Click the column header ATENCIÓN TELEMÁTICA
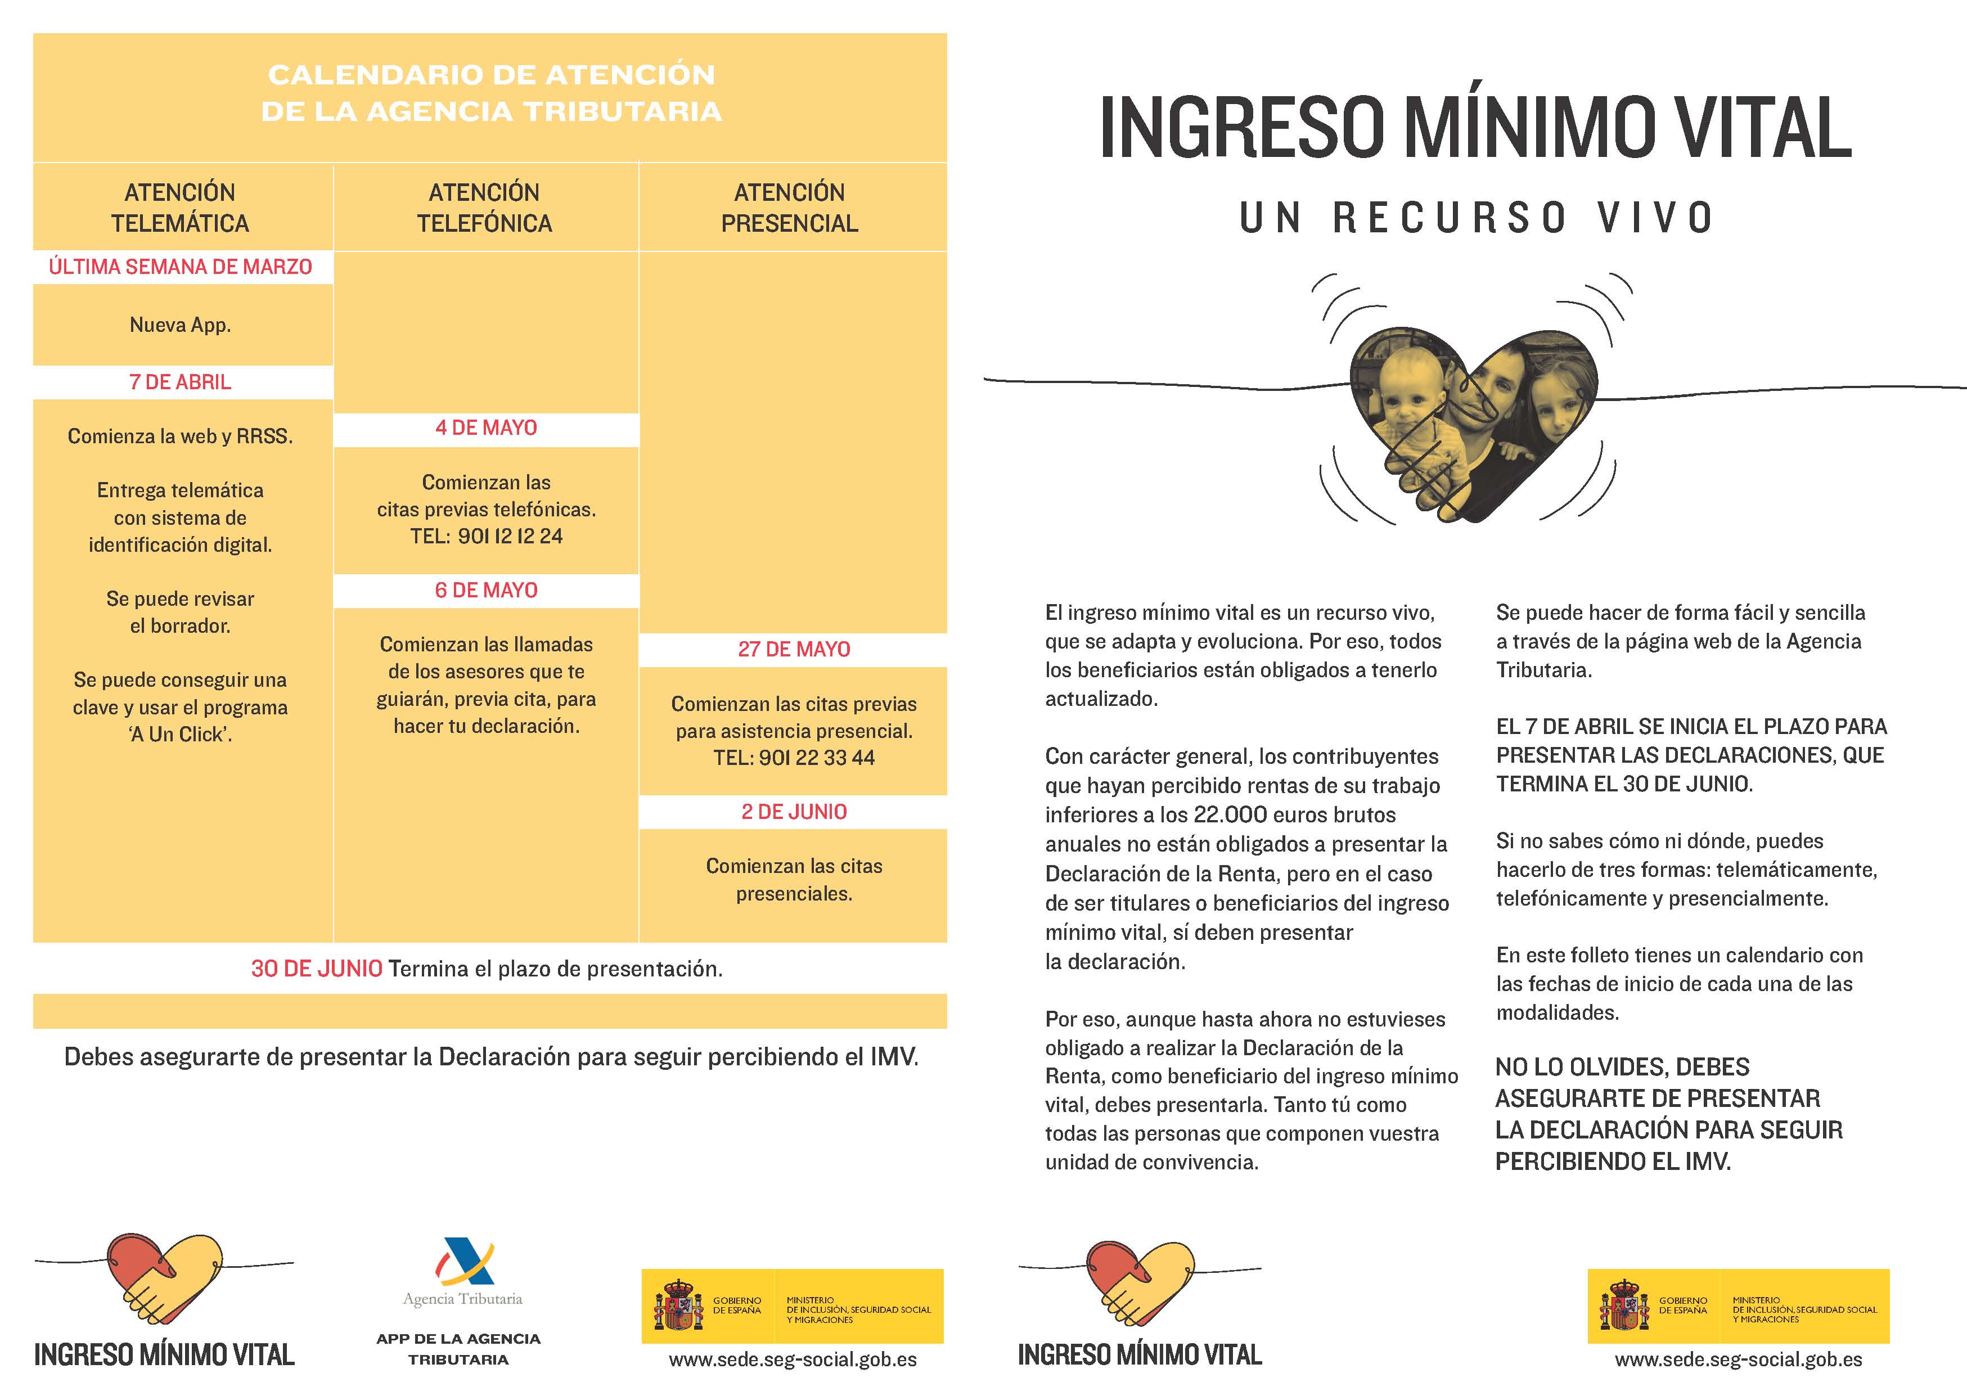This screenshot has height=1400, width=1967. [x=180, y=208]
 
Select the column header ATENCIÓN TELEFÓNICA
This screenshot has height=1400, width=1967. [x=484, y=208]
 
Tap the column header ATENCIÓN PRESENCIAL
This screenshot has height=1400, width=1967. [x=790, y=208]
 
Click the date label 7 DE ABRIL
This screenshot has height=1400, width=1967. [x=180, y=382]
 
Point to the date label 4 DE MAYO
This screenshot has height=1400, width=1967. [x=486, y=427]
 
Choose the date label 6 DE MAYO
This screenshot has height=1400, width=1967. [x=486, y=591]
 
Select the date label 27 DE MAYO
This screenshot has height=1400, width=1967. [x=794, y=649]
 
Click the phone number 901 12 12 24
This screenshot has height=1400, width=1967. [x=510, y=536]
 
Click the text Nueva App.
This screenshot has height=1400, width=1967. [x=180, y=325]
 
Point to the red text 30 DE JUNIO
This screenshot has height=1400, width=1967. [x=316, y=969]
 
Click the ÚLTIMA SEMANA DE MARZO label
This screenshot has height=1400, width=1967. [x=180, y=267]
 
